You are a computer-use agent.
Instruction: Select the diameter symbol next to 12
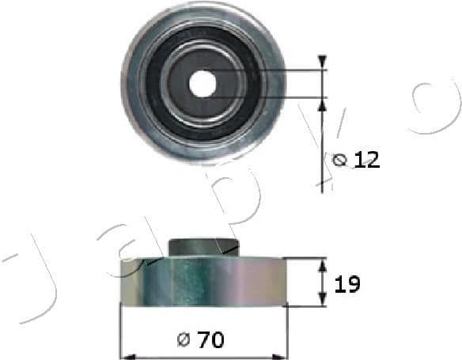point(341,161)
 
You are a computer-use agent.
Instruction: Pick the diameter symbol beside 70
point(183,341)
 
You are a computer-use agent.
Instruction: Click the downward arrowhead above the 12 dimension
point(322,63)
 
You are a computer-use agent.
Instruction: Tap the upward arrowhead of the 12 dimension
point(322,104)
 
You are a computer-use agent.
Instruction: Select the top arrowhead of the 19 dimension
point(322,263)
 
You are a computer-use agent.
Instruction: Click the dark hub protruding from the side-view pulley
point(204,246)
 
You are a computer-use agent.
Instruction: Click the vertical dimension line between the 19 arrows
point(322,282)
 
